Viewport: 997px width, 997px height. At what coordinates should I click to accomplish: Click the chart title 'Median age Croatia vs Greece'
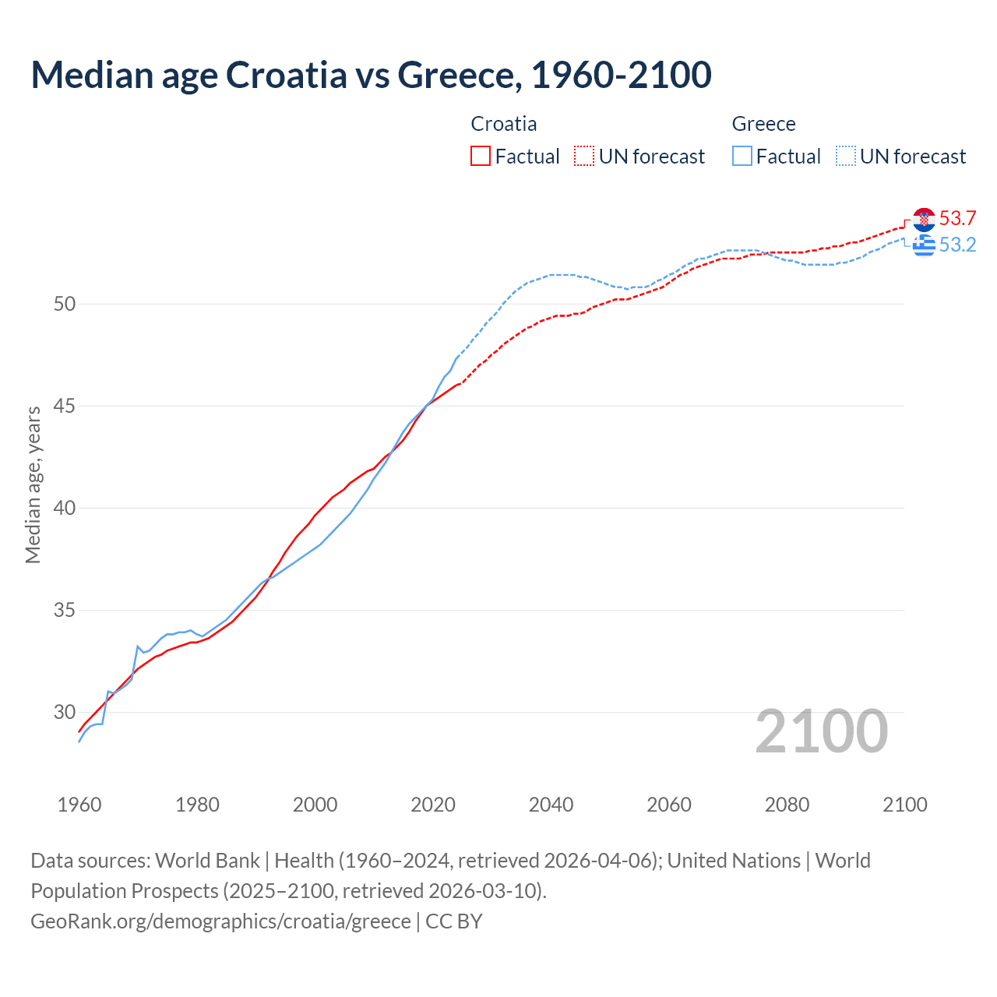[x=371, y=75]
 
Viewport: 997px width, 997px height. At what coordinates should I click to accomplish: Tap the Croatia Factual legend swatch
[x=481, y=157]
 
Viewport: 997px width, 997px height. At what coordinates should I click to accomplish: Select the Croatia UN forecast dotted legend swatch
[x=583, y=157]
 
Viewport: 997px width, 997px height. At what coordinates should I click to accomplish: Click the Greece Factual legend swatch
[x=742, y=157]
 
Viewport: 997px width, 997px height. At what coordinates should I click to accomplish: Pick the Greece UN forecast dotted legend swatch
[x=845, y=157]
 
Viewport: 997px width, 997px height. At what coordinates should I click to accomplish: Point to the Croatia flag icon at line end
[x=924, y=220]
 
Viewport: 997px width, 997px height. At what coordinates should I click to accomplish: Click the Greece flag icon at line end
[x=924, y=245]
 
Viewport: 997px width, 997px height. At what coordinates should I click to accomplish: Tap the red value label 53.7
[x=957, y=219]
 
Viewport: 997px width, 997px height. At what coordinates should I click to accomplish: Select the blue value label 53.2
[x=957, y=245]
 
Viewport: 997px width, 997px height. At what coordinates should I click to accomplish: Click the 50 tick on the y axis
[x=65, y=304]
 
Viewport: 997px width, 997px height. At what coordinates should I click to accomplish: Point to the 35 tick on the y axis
[x=65, y=610]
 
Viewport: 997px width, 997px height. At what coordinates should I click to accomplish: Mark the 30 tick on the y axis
[x=65, y=712]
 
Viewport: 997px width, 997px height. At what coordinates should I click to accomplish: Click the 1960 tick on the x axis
[x=79, y=805]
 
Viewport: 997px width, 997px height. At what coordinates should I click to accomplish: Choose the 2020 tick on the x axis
[x=433, y=805]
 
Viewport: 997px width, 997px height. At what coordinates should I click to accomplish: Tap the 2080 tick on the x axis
[x=787, y=805]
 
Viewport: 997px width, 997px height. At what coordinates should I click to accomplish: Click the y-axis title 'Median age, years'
[x=33, y=484]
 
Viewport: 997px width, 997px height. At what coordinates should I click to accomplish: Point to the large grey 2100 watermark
[x=821, y=731]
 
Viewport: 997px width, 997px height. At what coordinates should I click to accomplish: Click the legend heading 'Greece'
[x=763, y=124]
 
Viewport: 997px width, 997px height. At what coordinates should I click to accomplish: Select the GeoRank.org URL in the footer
[x=220, y=921]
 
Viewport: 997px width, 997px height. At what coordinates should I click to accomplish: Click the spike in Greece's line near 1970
[x=138, y=646]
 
